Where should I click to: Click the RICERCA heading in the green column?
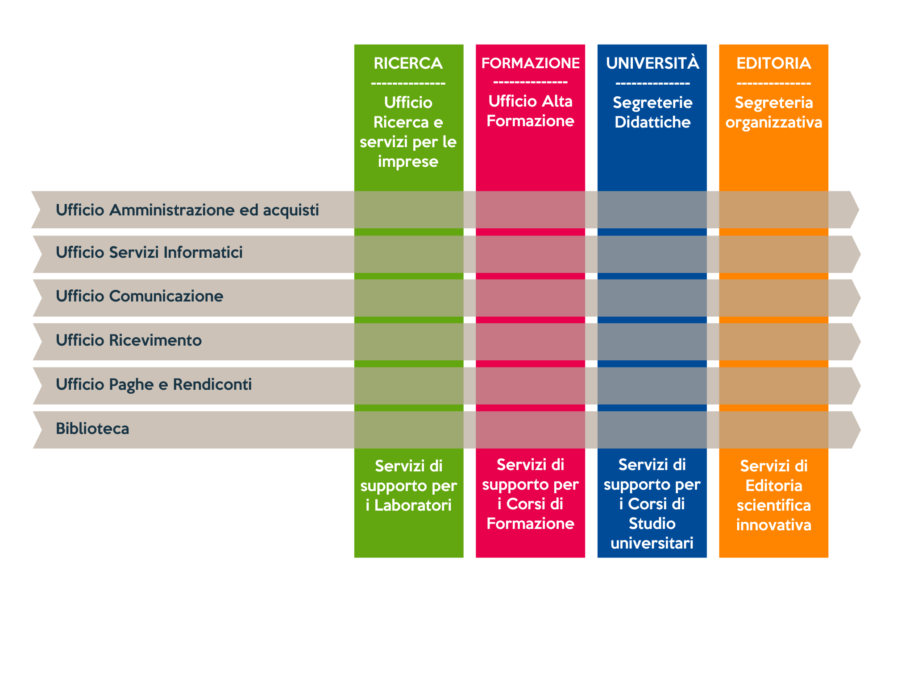point(408,63)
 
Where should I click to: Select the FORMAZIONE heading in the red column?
point(530,63)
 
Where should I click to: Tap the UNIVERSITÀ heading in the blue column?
point(652,63)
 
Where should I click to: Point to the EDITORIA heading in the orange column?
point(773,63)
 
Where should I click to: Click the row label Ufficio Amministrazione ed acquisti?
point(187,210)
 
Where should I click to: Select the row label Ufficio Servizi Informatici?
point(149,252)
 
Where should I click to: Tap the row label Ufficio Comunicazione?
point(139,296)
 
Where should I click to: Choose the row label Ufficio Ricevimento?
point(129,340)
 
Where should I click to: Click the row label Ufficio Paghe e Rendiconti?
point(154,384)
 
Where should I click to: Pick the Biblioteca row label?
point(92,429)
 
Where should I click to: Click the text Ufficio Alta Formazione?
point(530,111)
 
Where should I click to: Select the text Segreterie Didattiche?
point(652,112)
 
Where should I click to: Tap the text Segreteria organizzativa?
point(773,112)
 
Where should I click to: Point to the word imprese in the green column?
point(408,161)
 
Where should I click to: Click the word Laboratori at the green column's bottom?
point(413,505)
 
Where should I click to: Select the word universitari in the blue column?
point(652,543)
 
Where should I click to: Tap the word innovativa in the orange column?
point(773,525)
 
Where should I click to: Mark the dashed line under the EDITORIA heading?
point(773,83)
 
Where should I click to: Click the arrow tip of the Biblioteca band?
point(860,430)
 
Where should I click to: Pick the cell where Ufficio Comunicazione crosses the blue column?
point(652,298)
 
